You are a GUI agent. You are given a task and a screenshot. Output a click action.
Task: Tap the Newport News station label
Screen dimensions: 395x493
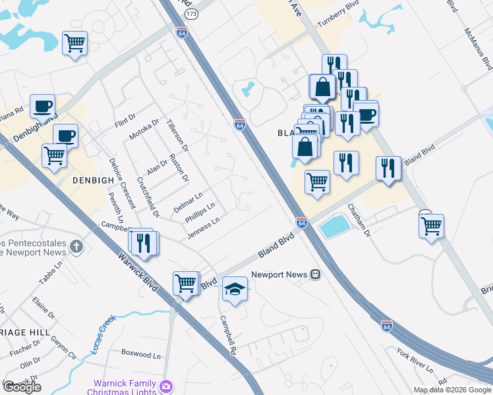tap(279, 274)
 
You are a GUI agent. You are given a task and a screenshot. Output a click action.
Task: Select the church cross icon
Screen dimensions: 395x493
tap(77, 248)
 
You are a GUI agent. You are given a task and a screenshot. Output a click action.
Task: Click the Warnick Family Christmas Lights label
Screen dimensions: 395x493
tap(123, 388)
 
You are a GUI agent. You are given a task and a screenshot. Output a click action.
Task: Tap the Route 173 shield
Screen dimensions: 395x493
tap(191, 14)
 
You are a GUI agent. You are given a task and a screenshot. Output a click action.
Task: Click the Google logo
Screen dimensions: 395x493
tap(22, 387)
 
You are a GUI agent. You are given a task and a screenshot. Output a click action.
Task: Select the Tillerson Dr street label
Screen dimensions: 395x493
tap(177, 135)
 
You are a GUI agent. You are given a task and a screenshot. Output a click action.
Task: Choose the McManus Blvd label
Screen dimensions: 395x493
tap(478, 49)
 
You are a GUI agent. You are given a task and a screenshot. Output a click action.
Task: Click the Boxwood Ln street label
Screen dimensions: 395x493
tap(140, 354)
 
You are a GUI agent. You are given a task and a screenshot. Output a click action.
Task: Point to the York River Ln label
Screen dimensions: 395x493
tap(414, 359)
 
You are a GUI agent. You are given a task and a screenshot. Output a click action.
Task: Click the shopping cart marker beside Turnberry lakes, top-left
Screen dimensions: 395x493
tap(74, 43)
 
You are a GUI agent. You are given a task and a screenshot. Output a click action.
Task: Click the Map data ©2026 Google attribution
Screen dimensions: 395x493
tap(452, 390)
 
